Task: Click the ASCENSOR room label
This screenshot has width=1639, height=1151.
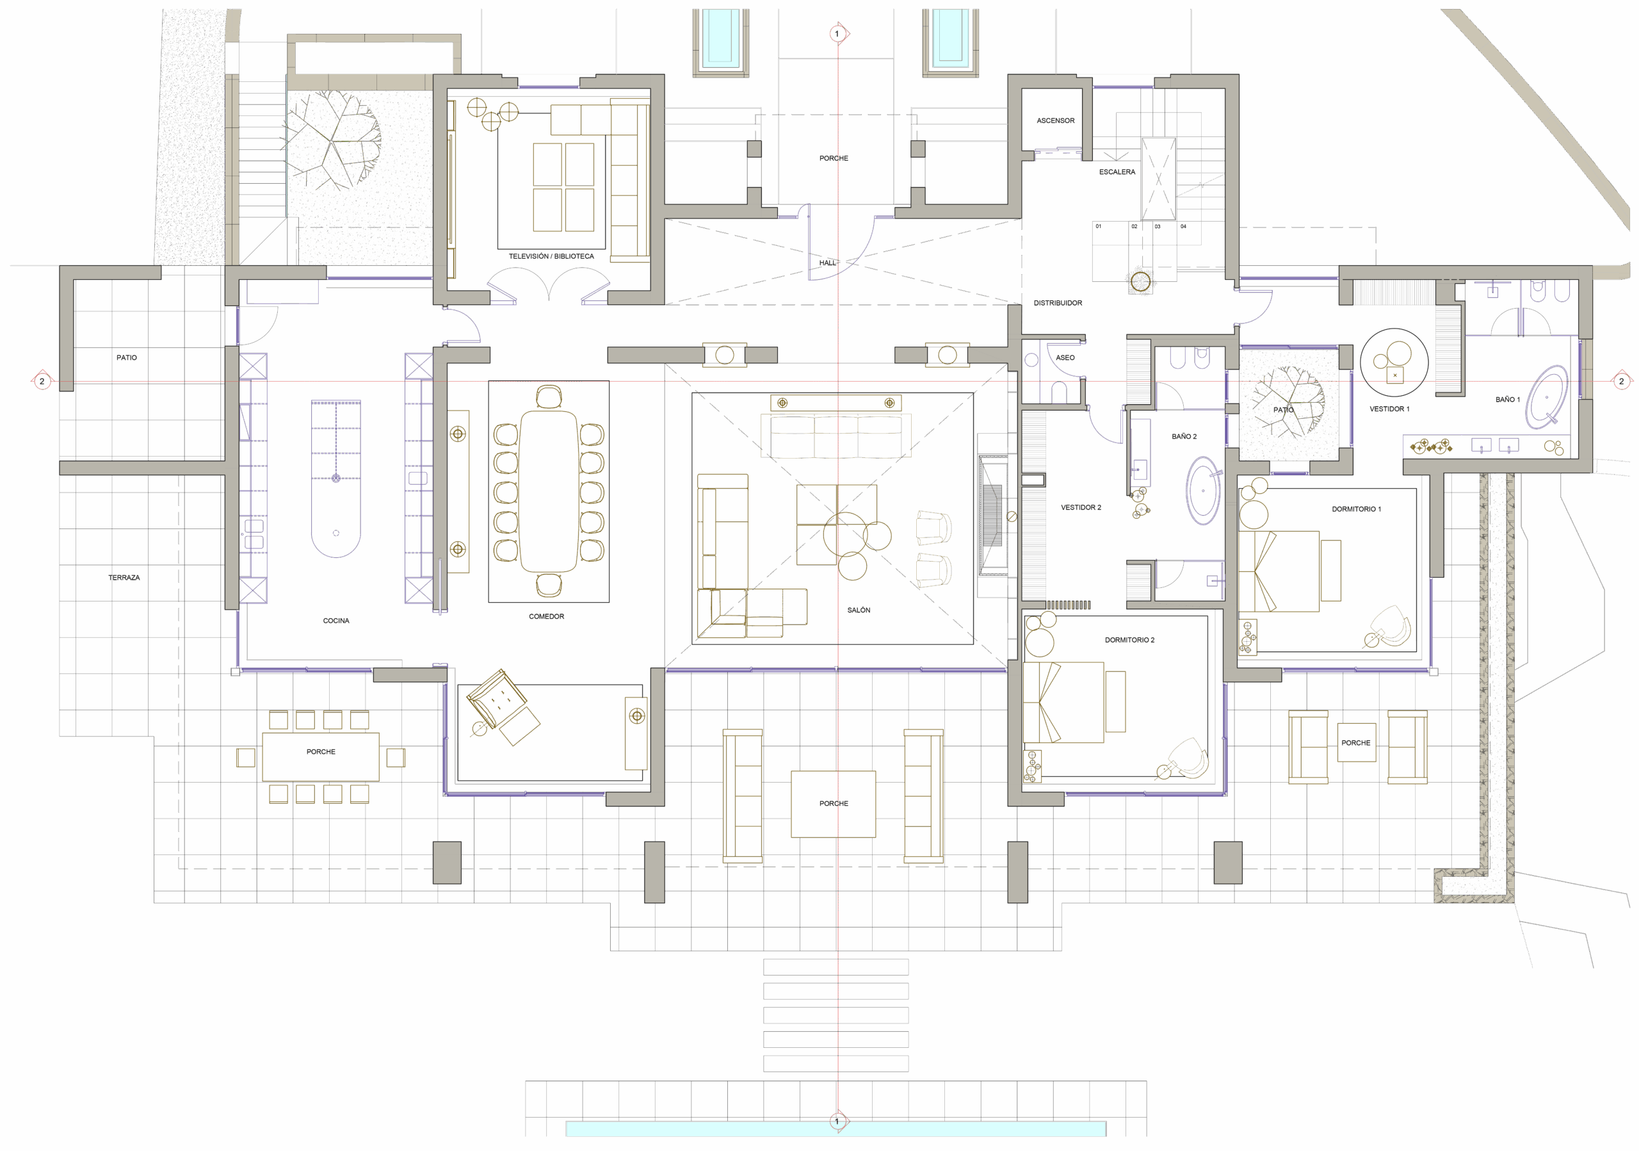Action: [x=1055, y=120]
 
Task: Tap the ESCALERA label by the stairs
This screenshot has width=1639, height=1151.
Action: [x=1117, y=172]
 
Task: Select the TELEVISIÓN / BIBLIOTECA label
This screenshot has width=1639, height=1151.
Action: [x=551, y=256]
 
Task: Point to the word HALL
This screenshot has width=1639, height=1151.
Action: [x=827, y=263]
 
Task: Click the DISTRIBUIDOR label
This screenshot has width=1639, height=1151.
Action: [x=1057, y=304]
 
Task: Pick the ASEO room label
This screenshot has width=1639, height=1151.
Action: [x=1065, y=357]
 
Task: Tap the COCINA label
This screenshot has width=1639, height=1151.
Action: [x=335, y=621]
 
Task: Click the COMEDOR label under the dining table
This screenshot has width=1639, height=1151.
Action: [x=546, y=617]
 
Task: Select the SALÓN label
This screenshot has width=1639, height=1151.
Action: [x=859, y=610]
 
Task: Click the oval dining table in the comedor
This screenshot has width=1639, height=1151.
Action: [x=548, y=492]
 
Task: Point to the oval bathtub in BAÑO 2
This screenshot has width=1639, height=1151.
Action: [x=1204, y=491]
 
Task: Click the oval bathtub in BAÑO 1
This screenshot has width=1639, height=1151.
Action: [x=1547, y=397]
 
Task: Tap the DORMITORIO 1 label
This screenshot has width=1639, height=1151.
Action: [x=1355, y=509]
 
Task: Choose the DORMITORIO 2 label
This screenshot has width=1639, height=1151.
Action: [x=1129, y=641]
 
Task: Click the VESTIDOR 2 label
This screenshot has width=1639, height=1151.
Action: [x=1081, y=508]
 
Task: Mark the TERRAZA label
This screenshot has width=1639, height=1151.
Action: [x=124, y=578]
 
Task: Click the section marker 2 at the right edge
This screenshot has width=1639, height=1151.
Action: [x=1621, y=381]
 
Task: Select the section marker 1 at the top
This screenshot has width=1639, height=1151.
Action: [x=837, y=33]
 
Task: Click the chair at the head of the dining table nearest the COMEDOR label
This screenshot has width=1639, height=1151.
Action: [x=548, y=585]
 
